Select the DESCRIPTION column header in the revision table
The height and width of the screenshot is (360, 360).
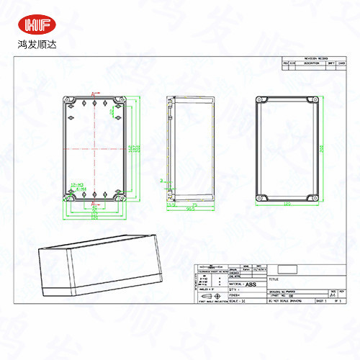311,63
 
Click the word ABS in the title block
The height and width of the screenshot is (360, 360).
251,285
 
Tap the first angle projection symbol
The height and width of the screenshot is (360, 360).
209,295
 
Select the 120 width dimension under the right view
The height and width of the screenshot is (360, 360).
287,205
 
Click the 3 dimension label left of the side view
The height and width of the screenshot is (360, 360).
162,180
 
